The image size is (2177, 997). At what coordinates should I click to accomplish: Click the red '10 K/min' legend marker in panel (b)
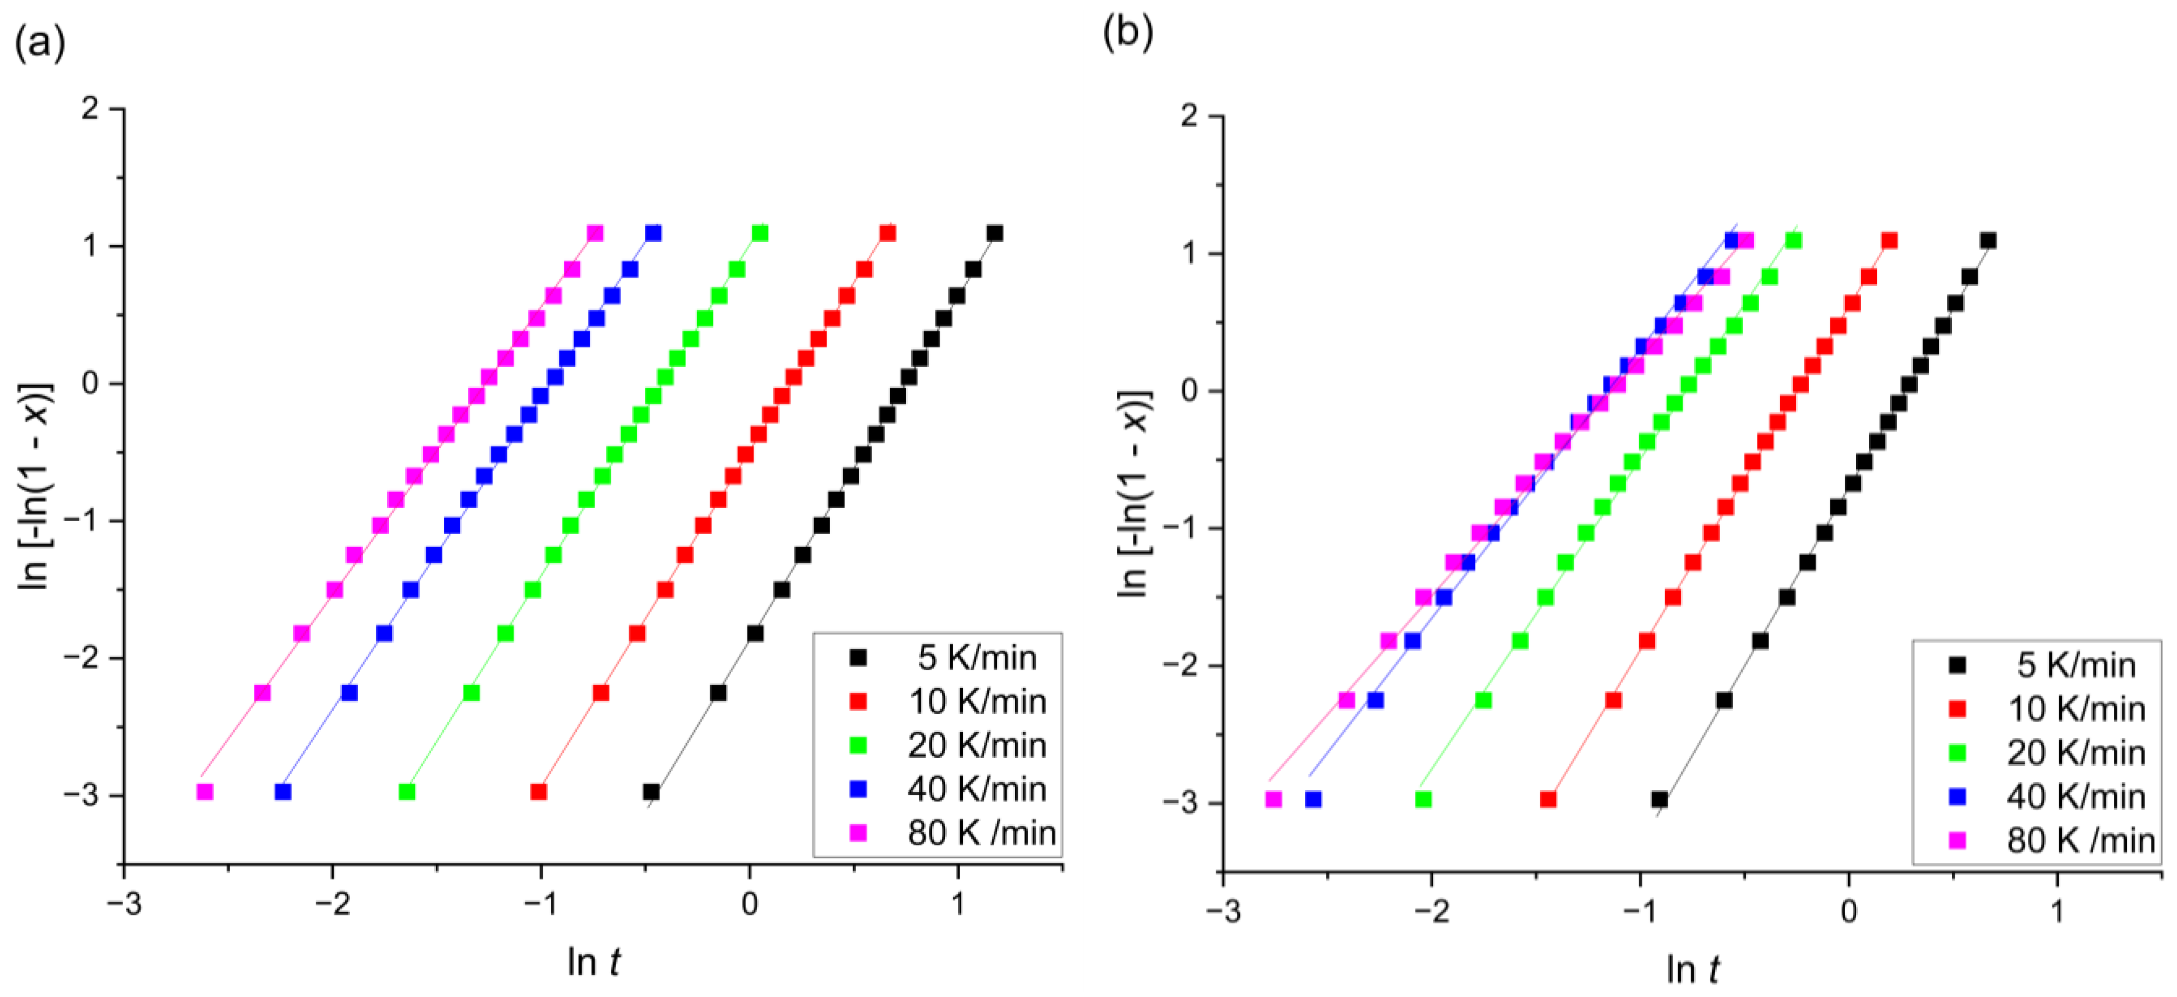(1957, 709)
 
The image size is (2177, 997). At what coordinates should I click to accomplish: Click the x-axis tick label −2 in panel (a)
(332, 904)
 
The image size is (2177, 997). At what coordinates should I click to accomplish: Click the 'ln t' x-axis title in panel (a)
(594, 961)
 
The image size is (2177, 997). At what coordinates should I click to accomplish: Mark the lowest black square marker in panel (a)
(651, 792)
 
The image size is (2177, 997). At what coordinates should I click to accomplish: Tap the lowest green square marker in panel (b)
(1423, 799)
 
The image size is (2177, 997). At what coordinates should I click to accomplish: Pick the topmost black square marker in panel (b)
(1989, 241)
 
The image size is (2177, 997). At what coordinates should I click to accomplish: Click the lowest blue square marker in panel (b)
(1313, 799)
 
